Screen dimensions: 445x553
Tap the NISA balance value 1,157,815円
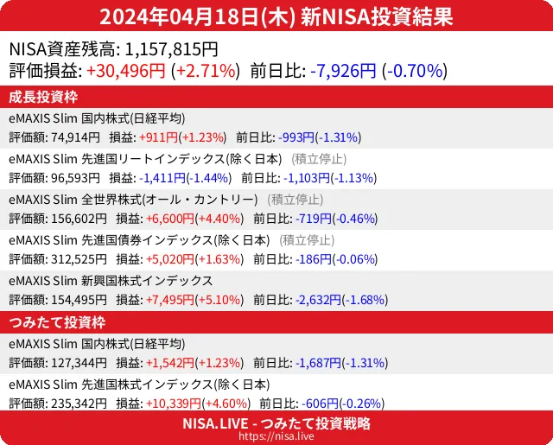(172, 49)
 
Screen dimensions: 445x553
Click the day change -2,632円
(318, 300)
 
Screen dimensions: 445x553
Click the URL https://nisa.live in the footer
(276, 437)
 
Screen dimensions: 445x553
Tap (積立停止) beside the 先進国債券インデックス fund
(307, 239)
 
